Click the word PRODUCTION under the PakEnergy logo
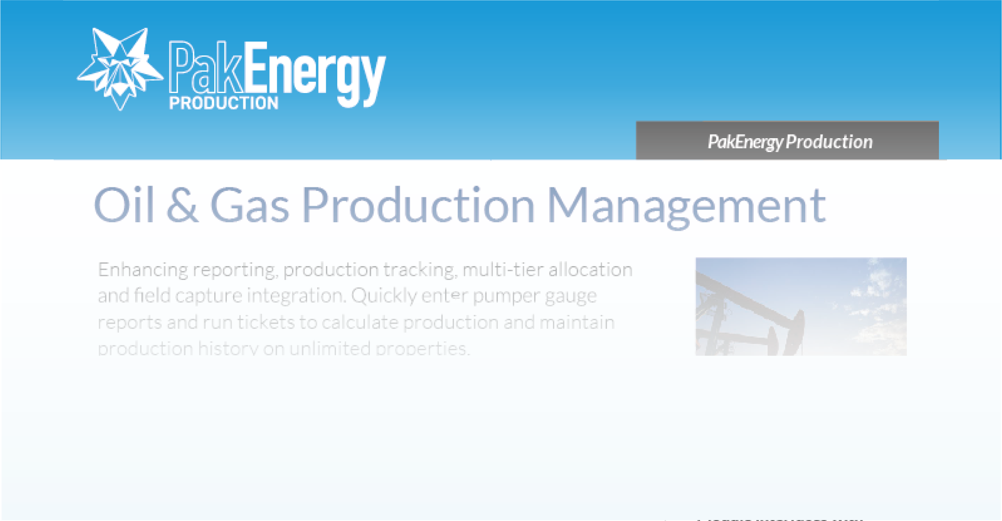[224, 103]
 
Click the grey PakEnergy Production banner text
[790, 142]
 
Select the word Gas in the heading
[250, 205]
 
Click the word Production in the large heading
[418, 205]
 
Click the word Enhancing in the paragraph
[143, 270]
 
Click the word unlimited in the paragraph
[330, 348]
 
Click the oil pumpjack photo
[801, 307]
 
